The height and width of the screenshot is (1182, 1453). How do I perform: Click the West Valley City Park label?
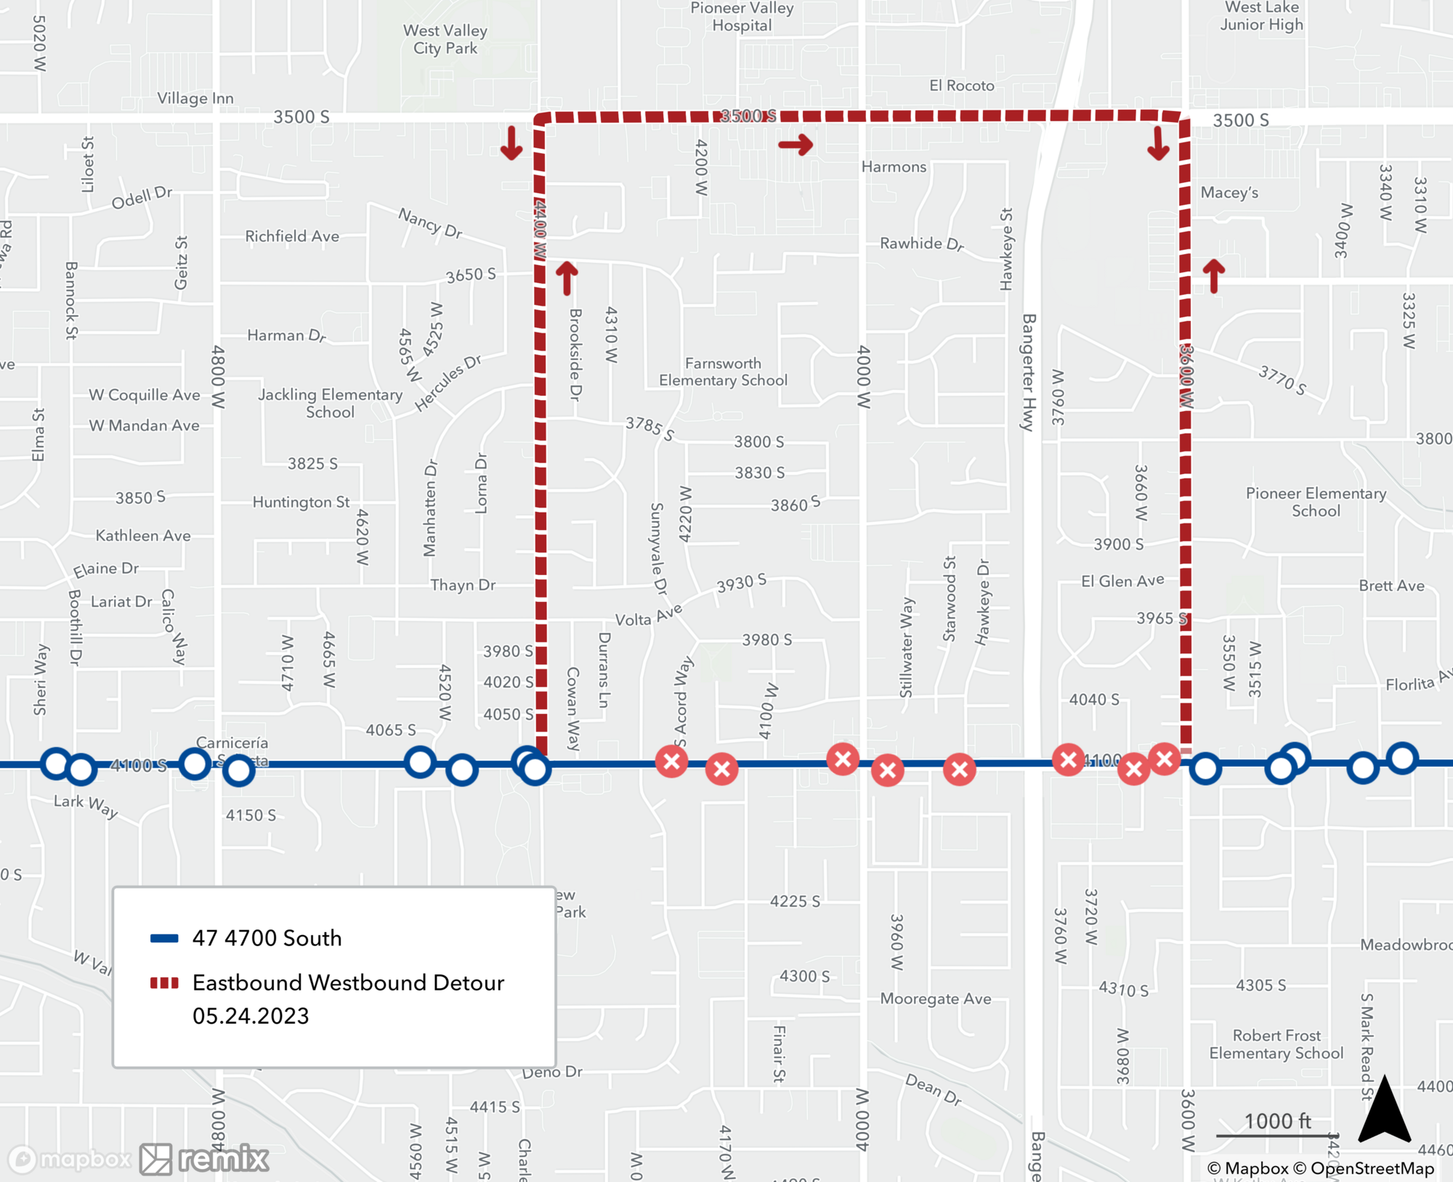(x=445, y=39)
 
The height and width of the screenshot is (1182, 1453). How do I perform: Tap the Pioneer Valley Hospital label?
(x=741, y=17)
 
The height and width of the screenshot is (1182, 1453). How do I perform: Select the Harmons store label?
(x=894, y=167)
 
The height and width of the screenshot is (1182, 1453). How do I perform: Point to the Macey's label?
(x=1229, y=192)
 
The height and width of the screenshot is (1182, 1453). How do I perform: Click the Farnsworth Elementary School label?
(x=723, y=372)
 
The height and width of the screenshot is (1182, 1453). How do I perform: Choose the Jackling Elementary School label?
(x=330, y=403)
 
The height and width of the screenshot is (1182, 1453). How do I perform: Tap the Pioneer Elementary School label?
(x=1316, y=502)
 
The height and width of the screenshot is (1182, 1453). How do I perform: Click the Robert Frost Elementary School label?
(x=1276, y=1044)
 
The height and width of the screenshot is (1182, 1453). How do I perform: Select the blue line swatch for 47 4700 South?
(x=164, y=938)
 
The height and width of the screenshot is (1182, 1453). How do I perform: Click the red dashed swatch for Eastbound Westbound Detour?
(x=164, y=983)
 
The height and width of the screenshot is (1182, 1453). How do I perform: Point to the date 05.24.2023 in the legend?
(x=251, y=1016)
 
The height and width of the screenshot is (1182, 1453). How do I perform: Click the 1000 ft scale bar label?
(x=1277, y=1121)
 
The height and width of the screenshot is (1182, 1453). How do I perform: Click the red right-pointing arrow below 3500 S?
(x=796, y=144)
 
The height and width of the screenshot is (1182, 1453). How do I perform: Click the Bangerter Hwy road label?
(x=1029, y=372)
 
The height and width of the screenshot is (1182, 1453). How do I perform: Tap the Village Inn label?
(x=195, y=98)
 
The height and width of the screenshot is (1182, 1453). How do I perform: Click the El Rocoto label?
(x=962, y=86)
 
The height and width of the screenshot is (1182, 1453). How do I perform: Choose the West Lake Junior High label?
(x=1261, y=16)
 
